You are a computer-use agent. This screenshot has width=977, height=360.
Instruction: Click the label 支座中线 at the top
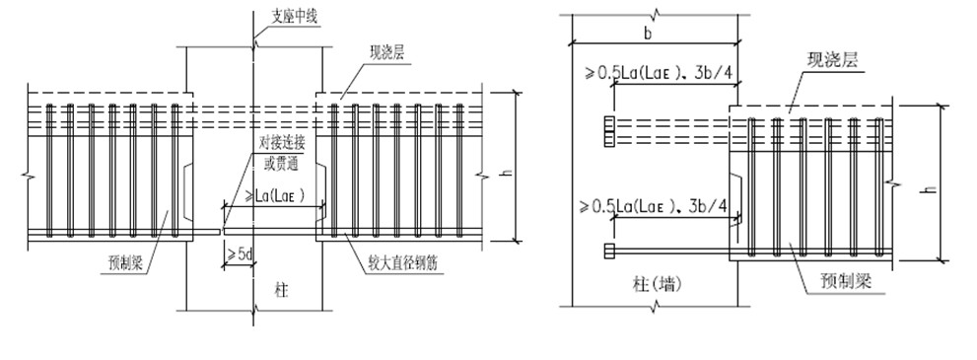pos(294,17)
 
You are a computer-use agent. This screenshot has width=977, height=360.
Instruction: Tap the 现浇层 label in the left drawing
pos(386,53)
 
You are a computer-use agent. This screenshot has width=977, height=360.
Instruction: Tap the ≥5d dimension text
pos(239,253)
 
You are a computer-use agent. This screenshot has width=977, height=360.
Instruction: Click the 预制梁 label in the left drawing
pos(125,262)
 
